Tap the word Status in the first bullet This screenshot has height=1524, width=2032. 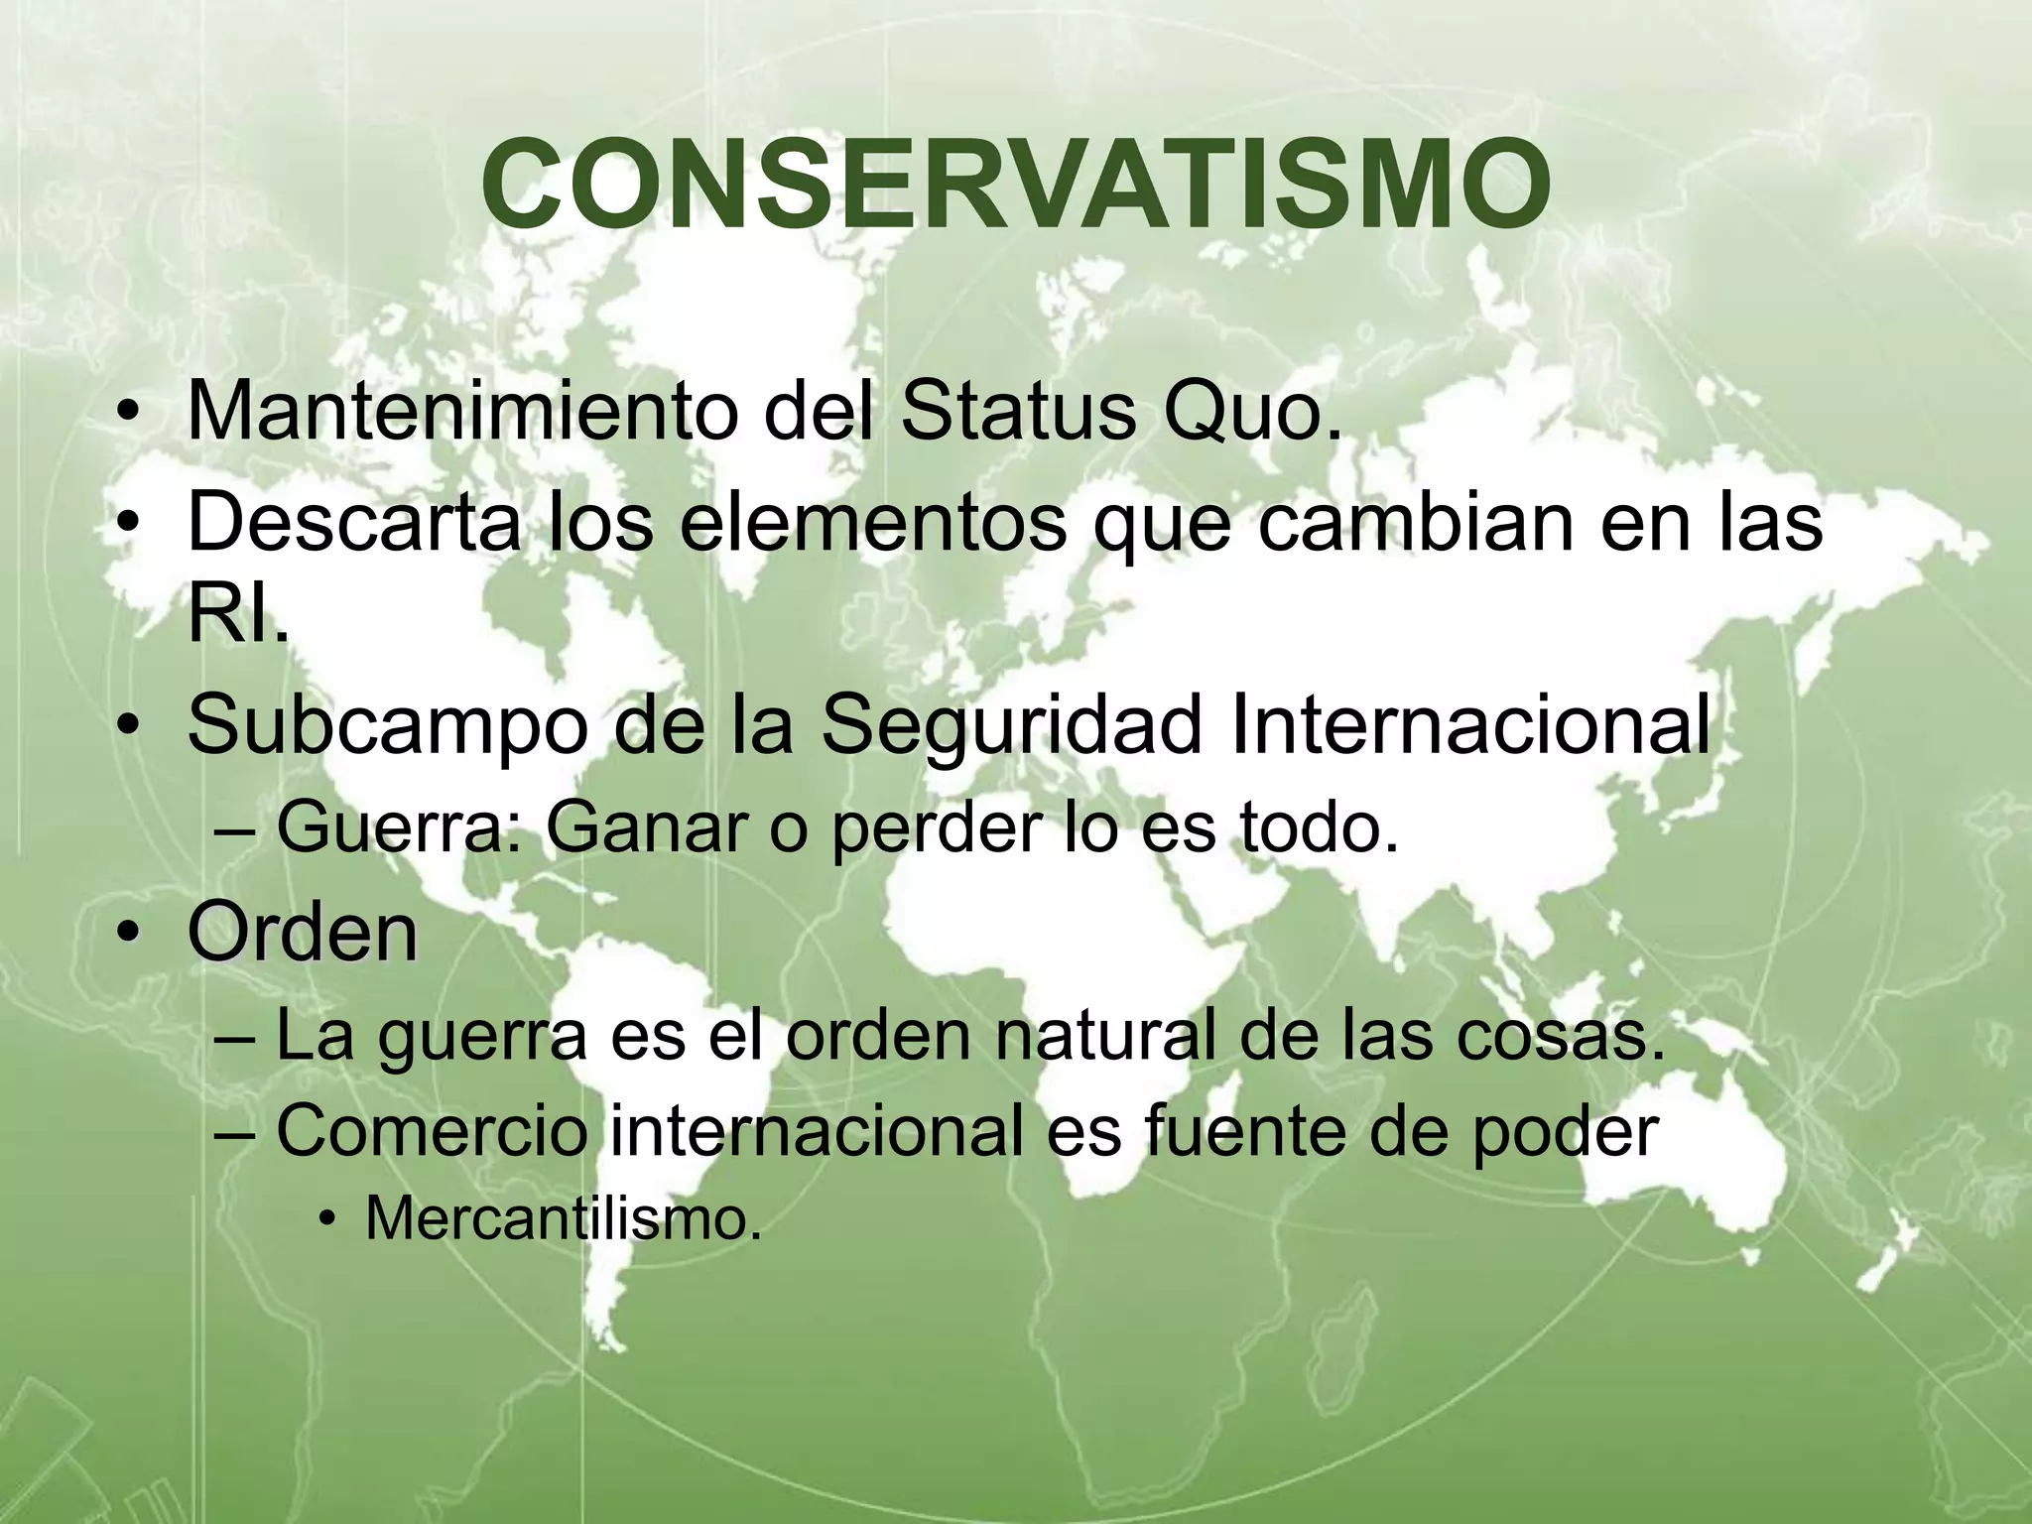pyautogui.click(x=1017, y=411)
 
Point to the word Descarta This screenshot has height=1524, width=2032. pyautogui.click(x=353, y=522)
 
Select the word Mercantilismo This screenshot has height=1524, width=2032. pyautogui.click(x=563, y=1218)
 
